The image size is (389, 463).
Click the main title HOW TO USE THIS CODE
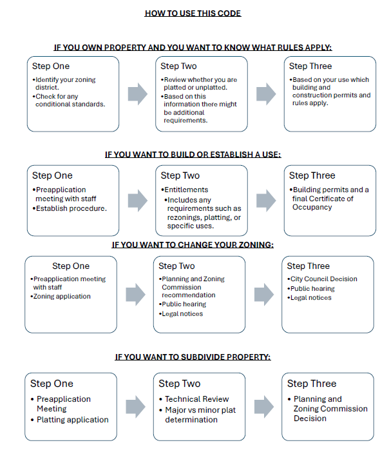coord(193,14)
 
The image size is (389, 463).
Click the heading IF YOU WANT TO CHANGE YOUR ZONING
coord(193,245)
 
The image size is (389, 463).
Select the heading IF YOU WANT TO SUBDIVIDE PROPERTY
coord(193,357)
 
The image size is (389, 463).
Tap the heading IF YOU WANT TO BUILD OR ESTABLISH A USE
coord(193,154)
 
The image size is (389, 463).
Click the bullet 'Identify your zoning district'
coord(64,84)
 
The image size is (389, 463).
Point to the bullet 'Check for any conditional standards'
coord(69,101)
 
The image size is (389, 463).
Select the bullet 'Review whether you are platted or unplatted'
coord(199,84)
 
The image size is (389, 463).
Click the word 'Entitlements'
coord(186,190)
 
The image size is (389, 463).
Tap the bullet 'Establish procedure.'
coord(70,208)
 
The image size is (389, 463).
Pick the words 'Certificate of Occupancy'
coord(323,203)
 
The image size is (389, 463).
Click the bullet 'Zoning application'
coord(61,296)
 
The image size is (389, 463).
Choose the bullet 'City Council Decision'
coord(322,279)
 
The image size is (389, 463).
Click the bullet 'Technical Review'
coord(194,399)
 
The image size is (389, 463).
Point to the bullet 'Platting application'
coord(70,420)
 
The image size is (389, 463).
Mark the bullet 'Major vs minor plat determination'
coord(197,415)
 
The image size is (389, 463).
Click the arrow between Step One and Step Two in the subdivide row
coord(135,407)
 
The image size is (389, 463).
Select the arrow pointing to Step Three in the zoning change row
coord(264,295)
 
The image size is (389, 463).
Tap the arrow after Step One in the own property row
coord(137,94)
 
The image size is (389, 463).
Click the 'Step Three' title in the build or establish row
coord(312,175)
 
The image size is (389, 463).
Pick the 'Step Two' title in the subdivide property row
coord(179,383)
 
